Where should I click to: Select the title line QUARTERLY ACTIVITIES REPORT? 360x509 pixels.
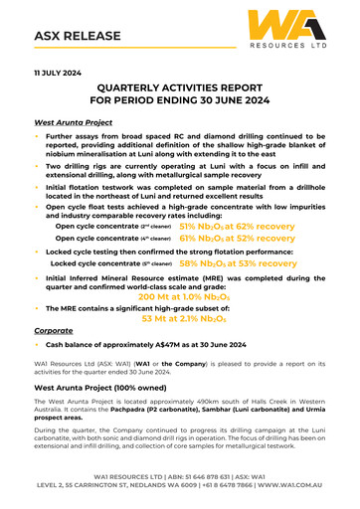click(x=180, y=88)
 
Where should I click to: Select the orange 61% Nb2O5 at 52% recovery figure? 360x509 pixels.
click(x=237, y=240)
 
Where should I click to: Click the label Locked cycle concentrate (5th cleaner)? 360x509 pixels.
click(x=111, y=265)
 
